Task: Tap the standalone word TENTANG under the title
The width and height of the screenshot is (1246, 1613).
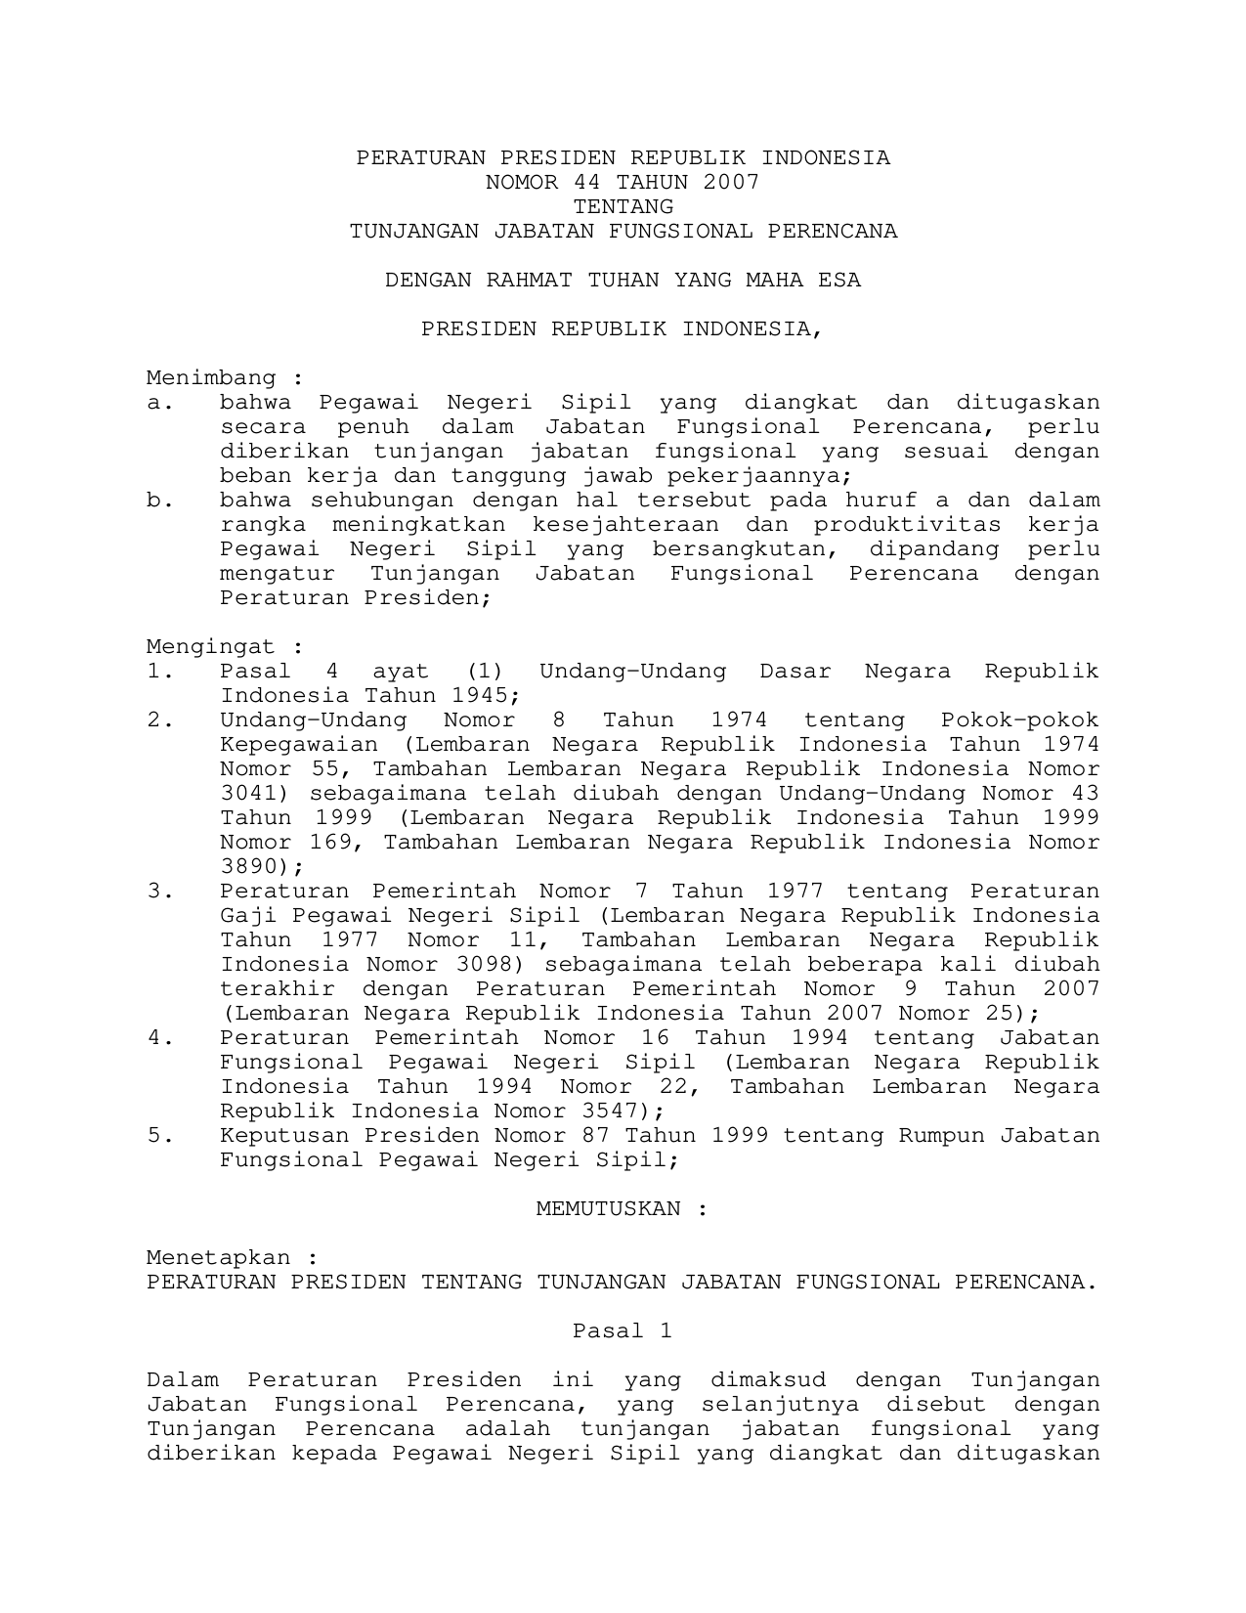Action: click(x=623, y=206)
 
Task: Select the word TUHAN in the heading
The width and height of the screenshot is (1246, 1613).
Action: click(x=623, y=280)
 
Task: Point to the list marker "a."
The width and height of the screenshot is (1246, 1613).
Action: click(x=160, y=402)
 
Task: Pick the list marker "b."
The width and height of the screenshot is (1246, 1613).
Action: click(x=160, y=500)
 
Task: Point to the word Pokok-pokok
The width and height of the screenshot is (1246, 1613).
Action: click(x=1019, y=719)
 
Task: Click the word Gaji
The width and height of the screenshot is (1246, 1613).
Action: click(x=242, y=915)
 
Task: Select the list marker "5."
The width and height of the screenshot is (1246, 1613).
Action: click(x=160, y=1135)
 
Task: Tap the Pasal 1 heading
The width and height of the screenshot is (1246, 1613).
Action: click(x=623, y=1330)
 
